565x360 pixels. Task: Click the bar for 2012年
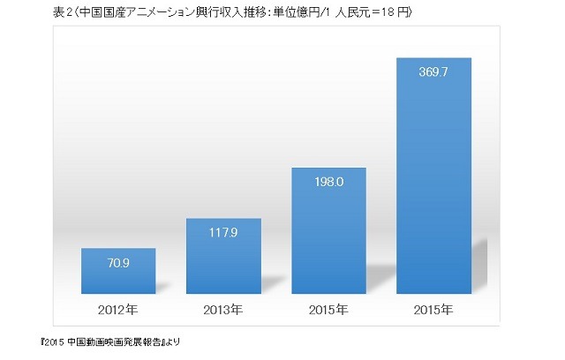tap(118, 271)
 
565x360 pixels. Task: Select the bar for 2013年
tap(223, 256)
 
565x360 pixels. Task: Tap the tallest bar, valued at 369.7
tap(433, 176)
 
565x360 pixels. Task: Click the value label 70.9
tap(118, 262)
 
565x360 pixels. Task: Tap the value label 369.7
tap(433, 72)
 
